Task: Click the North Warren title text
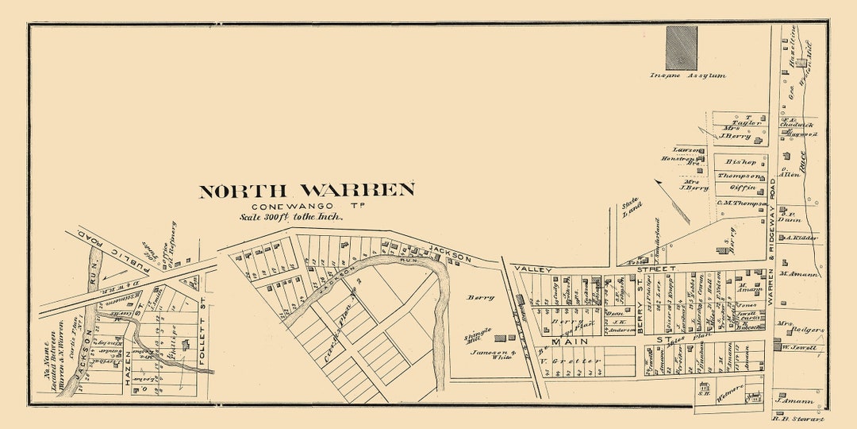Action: click(x=306, y=191)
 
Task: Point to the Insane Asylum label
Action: click(x=687, y=76)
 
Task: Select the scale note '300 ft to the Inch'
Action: click(x=292, y=216)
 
